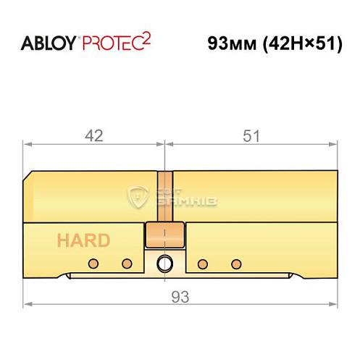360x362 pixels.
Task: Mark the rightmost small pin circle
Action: [x=235, y=262]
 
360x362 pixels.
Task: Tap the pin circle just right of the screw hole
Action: [x=203, y=262]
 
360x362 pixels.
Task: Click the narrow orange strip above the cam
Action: [x=166, y=196]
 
